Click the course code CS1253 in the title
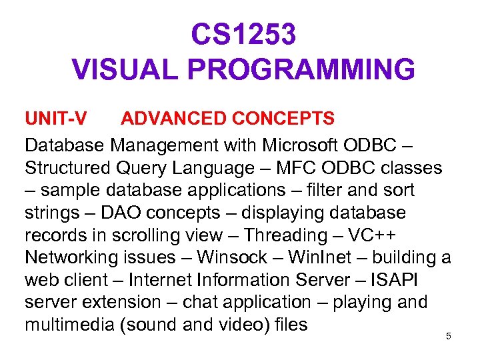(x=243, y=35)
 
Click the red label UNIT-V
(x=55, y=119)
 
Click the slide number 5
(x=449, y=336)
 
